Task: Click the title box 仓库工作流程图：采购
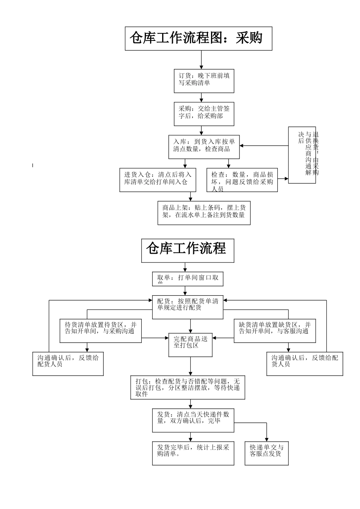(x=199, y=38)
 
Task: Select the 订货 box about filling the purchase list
(x=204, y=81)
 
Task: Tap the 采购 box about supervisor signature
(x=204, y=114)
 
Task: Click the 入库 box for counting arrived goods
(x=204, y=147)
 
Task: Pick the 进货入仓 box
(x=158, y=180)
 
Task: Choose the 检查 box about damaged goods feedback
(x=242, y=180)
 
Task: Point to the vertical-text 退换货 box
(x=302, y=155)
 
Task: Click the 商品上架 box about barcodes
(x=204, y=213)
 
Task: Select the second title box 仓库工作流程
(x=188, y=250)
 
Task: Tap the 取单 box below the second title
(x=188, y=279)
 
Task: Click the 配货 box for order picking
(x=188, y=307)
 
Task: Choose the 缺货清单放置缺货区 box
(x=274, y=331)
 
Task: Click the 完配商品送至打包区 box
(x=190, y=345)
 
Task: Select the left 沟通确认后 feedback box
(x=68, y=364)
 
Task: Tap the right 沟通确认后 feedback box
(x=305, y=364)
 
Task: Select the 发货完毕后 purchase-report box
(x=193, y=453)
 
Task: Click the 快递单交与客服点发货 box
(x=267, y=453)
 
